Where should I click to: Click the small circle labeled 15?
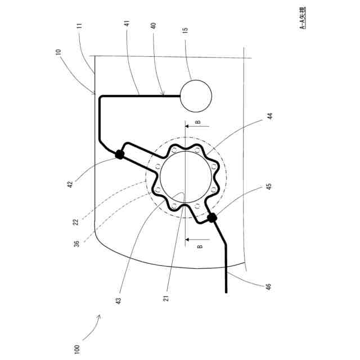(195, 94)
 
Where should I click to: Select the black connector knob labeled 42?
(119, 154)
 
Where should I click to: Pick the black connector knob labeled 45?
(212, 218)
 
